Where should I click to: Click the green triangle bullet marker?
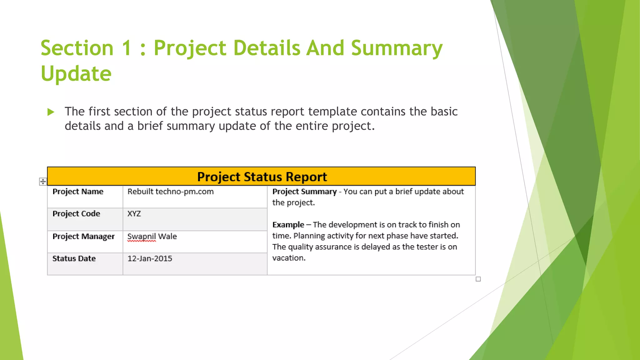tap(51, 112)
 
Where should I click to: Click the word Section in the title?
tap(77, 48)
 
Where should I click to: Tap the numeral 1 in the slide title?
tap(127, 48)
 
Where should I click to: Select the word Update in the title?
tap(76, 74)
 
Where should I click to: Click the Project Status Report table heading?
tap(262, 177)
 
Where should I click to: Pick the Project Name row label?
tap(78, 192)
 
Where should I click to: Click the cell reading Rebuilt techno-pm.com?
tap(170, 192)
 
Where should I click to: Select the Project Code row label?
tap(76, 214)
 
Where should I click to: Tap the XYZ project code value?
tap(134, 214)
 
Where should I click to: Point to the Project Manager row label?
tap(83, 237)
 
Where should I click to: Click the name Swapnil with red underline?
tap(142, 237)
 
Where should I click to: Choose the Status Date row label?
tap(74, 258)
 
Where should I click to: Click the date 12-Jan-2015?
tap(150, 258)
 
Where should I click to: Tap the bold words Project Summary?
tap(304, 192)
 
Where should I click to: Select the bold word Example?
tap(288, 225)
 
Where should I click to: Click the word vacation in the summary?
tap(288, 258)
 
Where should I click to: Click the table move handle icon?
tap(43, 182)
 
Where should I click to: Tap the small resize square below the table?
tap(478, 279)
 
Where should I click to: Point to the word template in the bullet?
tap(332, 112)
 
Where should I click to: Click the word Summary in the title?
tap(397, 48)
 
